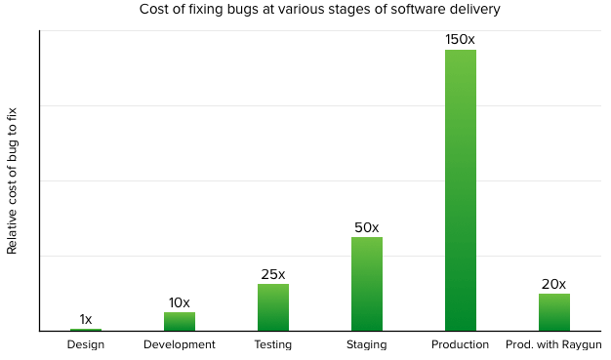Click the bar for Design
86,330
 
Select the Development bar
180,322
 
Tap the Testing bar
273,307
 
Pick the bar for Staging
367,284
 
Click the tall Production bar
461,190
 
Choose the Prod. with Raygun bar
553,312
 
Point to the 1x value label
86,319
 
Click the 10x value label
180,302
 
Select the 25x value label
273,274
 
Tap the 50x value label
367,227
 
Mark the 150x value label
461,39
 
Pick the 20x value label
553,284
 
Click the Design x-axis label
86,345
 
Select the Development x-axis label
180,345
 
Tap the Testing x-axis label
273,345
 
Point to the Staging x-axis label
367,345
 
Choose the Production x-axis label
461,345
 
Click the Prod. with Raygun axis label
553,345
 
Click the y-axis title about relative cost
13,182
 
